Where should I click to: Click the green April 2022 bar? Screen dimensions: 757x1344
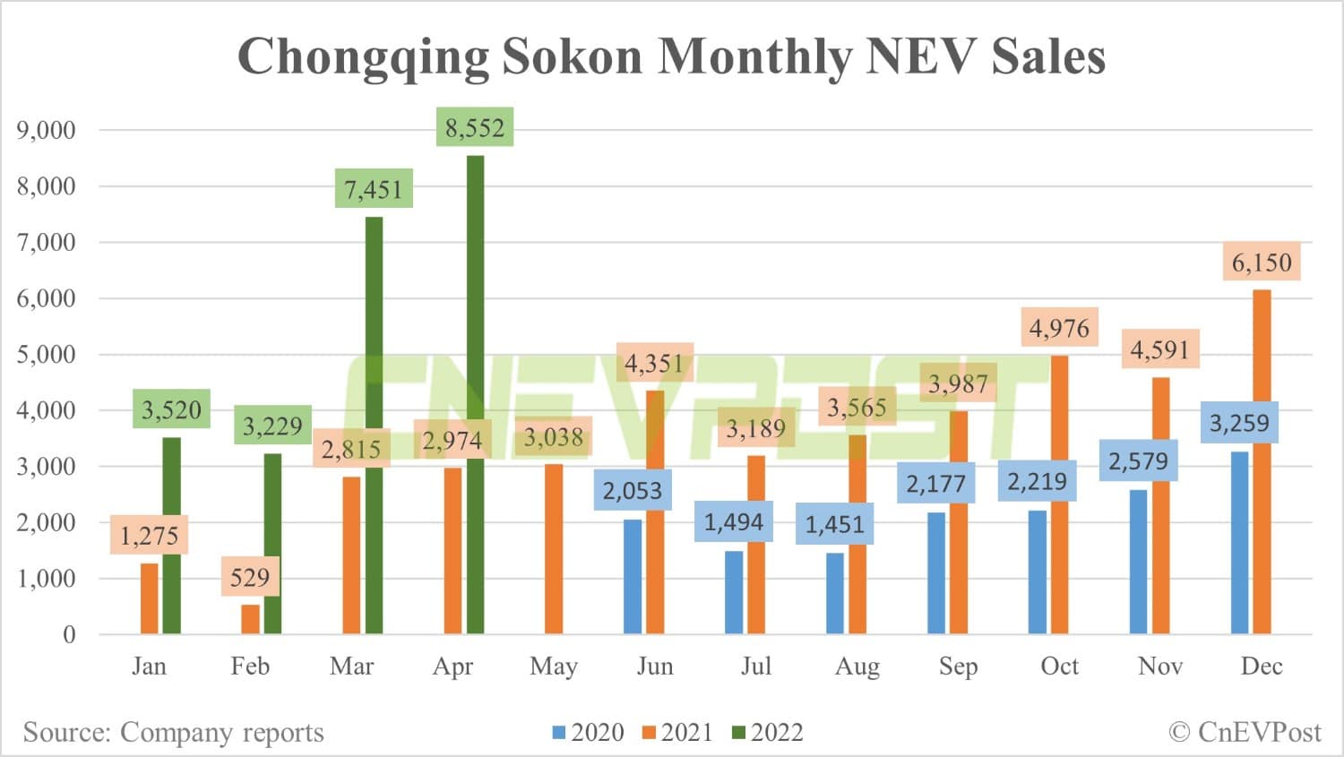(x=475, y=394)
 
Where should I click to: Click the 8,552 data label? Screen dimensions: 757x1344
(x=475, y=128)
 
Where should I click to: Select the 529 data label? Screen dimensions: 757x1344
(x=249, y=577)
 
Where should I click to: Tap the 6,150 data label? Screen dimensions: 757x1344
(x=1262, y=262)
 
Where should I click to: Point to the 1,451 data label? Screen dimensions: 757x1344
(x=834, y=524)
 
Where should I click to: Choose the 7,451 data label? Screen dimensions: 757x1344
(x=374, y=189)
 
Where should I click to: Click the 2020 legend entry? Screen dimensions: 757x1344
(x=588, y=733)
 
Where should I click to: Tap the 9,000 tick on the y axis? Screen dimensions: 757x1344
(x=46, y=130)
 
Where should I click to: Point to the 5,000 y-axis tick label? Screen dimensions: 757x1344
(x=46, y=354)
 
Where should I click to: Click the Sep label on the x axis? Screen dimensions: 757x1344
(x=958, y=667)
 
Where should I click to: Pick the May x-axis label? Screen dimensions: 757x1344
(x=554, y=667)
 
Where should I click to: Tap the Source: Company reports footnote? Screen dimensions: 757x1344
(x=173, y=733)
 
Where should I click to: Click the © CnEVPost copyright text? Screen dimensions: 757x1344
(x=1245, y=733)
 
